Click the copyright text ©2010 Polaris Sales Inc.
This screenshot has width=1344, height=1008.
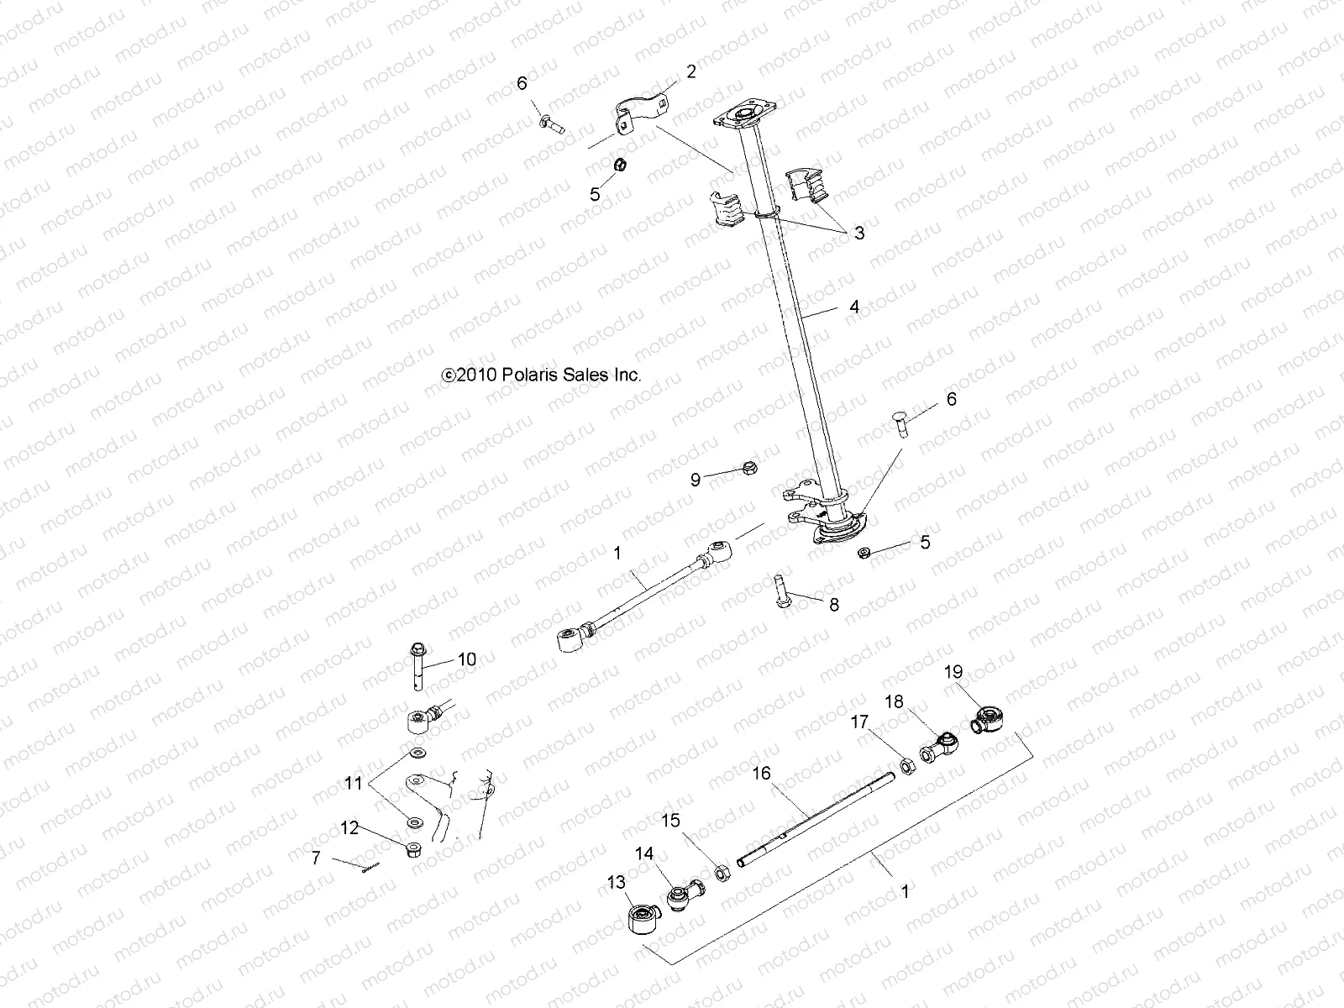pos(541,375)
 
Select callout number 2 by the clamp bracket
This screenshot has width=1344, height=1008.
pos(690,72)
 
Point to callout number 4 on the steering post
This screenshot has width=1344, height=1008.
pos(854,307)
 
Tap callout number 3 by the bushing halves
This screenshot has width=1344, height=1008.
pos(858,234)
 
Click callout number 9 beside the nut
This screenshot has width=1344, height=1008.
pos(695,480)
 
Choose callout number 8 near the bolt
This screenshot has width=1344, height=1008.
pos(833,605)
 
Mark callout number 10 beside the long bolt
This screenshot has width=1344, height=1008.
pos(466,659)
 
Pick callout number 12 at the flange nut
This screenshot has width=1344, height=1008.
pos(349,828)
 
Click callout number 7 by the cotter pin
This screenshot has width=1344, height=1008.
pos(316,858)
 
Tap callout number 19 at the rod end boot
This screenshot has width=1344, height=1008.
pos(953,672)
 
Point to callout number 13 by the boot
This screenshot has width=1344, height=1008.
pos(617,882)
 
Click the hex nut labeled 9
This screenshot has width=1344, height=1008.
pos(747,467)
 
